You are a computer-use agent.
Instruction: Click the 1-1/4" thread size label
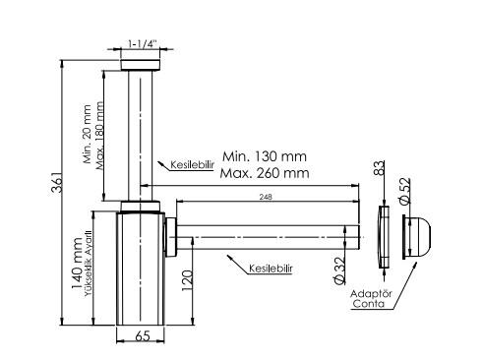coord(143,43)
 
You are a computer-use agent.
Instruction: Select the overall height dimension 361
coord(56,181)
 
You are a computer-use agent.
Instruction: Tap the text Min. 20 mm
coord(88,134)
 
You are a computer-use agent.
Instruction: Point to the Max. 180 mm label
coord(99,136)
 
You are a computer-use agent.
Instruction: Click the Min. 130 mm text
coord(265,156)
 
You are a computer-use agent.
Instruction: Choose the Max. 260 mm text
coord(265,173)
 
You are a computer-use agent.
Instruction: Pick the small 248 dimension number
coord(266,197)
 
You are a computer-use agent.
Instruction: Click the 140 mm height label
coord(77,264)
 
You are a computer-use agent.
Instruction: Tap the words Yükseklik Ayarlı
coord(88,264)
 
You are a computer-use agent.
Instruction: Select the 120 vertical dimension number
coord(187,280)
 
